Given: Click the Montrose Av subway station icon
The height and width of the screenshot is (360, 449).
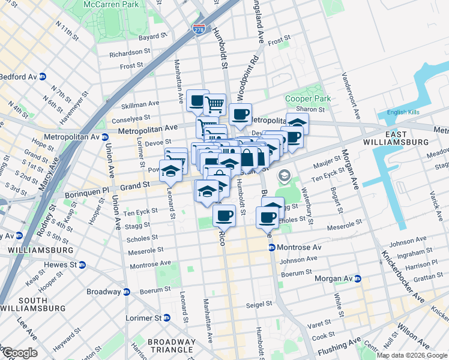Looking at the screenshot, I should click(x=271, y=247).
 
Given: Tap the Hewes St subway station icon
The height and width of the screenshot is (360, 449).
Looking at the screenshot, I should click(x=82, y=265).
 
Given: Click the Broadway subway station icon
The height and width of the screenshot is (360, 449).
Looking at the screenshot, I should click(x=127, y=292).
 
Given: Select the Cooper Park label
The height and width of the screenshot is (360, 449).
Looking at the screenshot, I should click(x=308, y=98).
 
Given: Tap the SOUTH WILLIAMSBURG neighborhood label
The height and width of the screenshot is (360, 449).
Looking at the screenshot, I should click(x=33, y=304).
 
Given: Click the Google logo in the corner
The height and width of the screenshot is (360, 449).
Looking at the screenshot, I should click(x=19, y=353).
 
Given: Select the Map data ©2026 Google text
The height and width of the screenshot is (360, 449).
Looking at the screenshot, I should click(x=412, y=355).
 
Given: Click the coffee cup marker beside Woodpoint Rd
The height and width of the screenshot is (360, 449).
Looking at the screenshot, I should click(x=240, y=114).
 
